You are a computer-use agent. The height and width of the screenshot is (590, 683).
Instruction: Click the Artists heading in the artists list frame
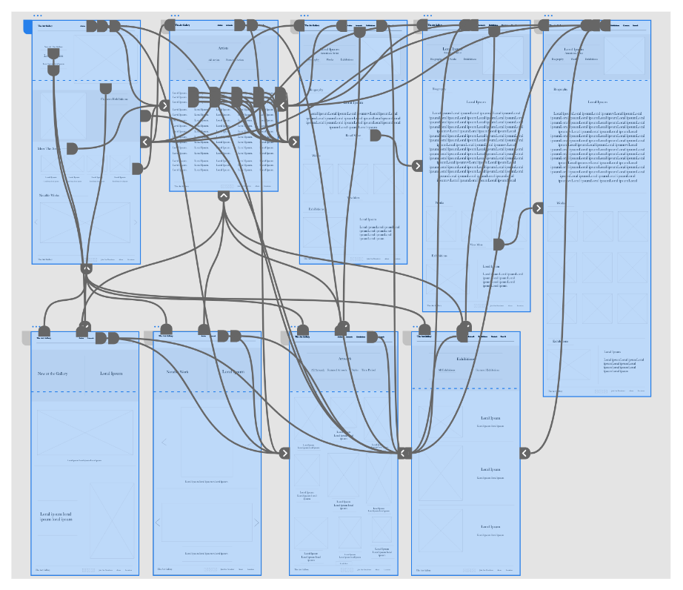(x=223, y=47)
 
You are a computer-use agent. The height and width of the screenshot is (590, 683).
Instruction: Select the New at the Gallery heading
(x=53, y=374)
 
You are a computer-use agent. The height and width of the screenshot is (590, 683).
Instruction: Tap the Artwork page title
(x=345, y=358)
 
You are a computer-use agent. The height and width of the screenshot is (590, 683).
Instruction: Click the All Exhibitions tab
(x=446, y=369)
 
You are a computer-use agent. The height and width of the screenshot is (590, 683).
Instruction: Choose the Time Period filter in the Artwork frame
(x=368, y=369)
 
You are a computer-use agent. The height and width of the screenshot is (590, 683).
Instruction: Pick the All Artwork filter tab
(x=318, y=369)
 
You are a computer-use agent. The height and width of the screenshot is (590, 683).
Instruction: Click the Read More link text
(x=353, y=136)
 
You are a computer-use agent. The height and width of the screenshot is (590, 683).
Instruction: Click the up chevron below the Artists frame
(x=224, y=196)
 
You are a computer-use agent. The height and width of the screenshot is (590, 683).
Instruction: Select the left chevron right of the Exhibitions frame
(x=524, y=453)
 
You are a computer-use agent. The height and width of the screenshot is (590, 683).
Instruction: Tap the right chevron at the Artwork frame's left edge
(x=284, y=453)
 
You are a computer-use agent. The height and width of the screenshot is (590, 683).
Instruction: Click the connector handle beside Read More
(x=375, y=136)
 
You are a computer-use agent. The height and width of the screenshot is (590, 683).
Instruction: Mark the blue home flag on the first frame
(x=27, y=27)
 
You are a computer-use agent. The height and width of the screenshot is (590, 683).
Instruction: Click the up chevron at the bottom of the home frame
(x=86, y=268)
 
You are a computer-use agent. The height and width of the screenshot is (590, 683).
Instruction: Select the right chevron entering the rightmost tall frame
(x=539, y=208)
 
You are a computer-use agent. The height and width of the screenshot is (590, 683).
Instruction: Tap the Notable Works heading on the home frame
(x=49, y=195)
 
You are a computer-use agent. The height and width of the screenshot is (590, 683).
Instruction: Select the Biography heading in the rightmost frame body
(x=565, y=89)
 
